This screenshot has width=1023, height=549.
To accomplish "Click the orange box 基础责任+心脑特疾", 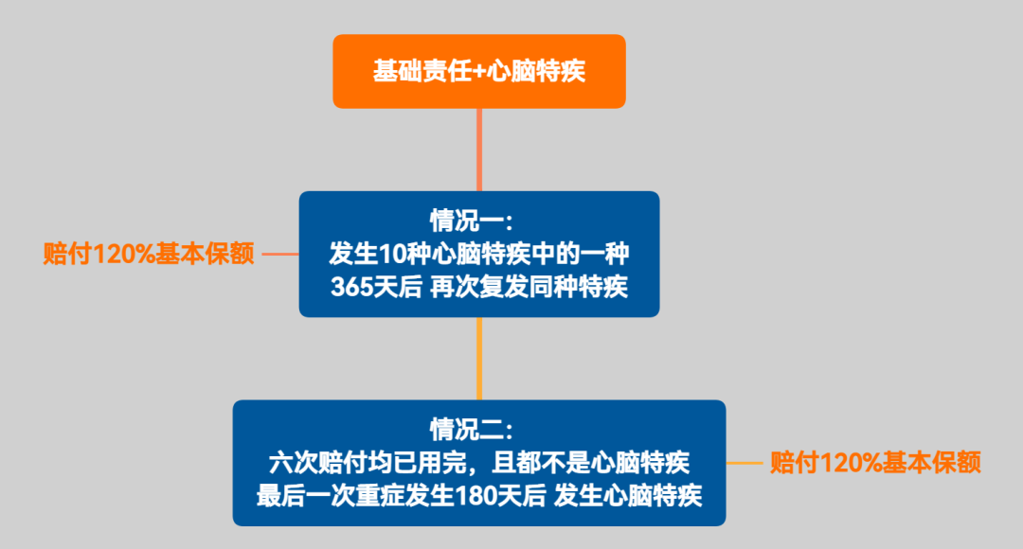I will [x=478, y=71].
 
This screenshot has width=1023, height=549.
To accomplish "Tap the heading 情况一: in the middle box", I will [x=471, y=221].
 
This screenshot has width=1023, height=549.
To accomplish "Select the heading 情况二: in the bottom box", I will [x=471, y=430].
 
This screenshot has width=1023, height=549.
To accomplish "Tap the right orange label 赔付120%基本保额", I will [x=875, y=463].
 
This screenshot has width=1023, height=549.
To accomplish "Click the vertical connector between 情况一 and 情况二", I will [x=479, y=358].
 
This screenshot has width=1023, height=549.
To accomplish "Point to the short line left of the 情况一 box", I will [x=280, y=254].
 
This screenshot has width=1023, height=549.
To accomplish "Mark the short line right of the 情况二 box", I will [x=745, y=463].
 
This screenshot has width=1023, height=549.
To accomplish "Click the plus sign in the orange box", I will [x=478, y=72].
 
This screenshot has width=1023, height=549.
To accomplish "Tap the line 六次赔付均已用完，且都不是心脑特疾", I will [x=479, y=463].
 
